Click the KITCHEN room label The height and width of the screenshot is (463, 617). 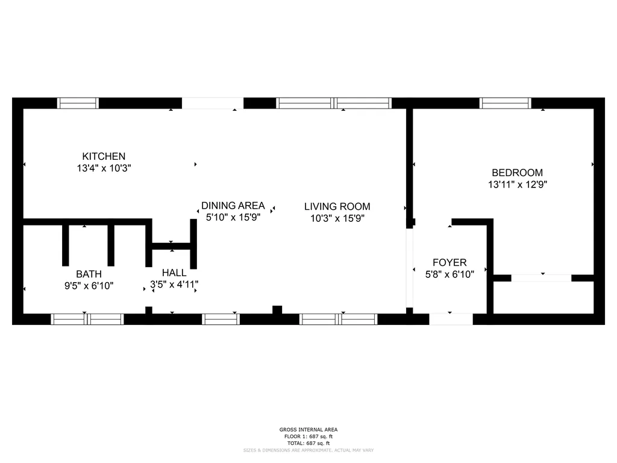point(104,156)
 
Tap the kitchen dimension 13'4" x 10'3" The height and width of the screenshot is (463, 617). point(104,168)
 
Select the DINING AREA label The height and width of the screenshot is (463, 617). point(233,206)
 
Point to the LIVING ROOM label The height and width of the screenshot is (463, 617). point(337,206)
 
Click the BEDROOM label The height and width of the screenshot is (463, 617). point(518,172)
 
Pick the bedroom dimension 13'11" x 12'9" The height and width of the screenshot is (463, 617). point(518,184)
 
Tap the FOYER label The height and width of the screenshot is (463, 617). point(449,263)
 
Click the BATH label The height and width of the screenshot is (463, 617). point(89,274)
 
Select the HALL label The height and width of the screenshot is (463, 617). point(174,272)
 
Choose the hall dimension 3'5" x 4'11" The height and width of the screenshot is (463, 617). point(174,285)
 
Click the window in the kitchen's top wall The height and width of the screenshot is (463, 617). point(78,103)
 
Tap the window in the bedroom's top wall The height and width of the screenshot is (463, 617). point(506,103)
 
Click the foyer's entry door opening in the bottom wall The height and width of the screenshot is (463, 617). point(451,320)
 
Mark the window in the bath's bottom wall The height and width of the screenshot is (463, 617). point(87,320)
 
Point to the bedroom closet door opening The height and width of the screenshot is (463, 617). point(542,278)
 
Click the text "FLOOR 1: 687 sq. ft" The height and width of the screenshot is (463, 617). point(308,436)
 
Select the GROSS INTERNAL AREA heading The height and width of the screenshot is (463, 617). point(308,429)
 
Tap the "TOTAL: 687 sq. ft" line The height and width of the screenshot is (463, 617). point(308,443)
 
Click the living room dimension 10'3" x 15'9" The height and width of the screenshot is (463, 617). point(337,218)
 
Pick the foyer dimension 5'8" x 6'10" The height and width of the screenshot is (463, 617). point(449,274)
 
